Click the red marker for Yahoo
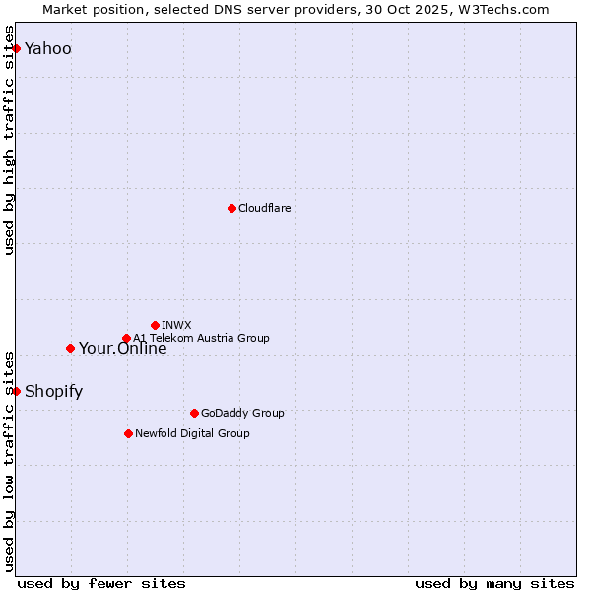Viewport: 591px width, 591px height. pos(16,48)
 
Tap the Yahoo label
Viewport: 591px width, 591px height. pos(47,49)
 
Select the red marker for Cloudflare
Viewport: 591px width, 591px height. pos(231,208)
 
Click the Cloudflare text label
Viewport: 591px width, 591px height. pos(264,208)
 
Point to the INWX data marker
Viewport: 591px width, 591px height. pos(155,325)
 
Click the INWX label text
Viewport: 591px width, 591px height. pos(176,325)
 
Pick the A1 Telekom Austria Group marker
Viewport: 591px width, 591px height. pos(126,338)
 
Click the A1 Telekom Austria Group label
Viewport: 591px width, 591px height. pos(201,338)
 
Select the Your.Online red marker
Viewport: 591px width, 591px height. pos(70,348)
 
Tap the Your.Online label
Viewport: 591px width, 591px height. pos(122,348)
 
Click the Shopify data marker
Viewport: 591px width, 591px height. pos(16,391)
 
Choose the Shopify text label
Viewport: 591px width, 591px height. pos(53,392)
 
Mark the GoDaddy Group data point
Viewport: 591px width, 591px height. pos(194,413)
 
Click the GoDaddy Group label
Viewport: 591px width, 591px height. pos(241,413)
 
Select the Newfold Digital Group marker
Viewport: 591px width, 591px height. pos(128,433)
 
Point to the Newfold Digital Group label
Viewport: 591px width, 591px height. pos(192,433)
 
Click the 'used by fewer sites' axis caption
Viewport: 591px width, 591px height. pos(101,583)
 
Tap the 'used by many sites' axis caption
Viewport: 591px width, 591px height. pos(494,583)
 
